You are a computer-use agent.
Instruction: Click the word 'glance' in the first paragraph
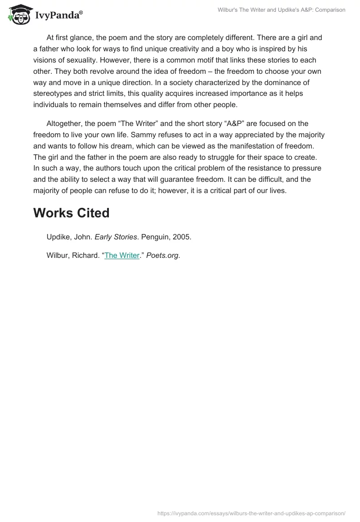click(84, 38)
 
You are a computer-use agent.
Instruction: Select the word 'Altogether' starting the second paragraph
click(64, 123)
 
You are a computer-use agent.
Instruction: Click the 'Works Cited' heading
click(71, 213)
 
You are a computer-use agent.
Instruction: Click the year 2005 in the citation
click(182, 237)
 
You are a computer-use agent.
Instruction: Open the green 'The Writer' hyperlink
click(122, 255)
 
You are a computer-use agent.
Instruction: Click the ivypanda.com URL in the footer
click(251, 513)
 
